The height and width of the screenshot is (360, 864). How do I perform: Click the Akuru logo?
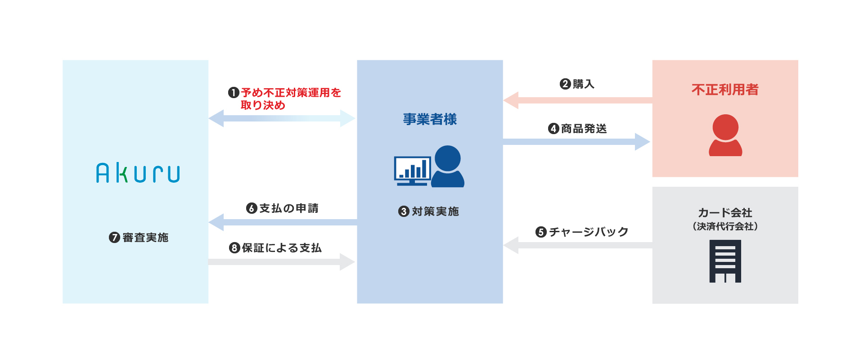tap(138, 173)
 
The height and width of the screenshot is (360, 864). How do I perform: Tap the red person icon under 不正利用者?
tap(725, 135)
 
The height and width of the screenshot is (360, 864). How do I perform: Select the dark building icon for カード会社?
tap(725, 261)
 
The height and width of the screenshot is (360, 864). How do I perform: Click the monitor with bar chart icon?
tap(412, 171)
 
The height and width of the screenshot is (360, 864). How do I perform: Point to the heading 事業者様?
tap(430, 119)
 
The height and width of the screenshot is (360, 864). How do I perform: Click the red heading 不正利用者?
tap(725, 90)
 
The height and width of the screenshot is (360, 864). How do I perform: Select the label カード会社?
tap(725, 212)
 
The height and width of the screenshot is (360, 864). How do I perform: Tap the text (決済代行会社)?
tap(725, 226)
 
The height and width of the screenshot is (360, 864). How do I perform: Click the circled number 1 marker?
tap(234, 93)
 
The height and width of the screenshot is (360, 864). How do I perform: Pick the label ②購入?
tap(577, 84)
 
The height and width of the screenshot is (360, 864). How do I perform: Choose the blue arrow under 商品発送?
tap(576, 142)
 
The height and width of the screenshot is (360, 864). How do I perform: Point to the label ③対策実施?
tap(429, 211)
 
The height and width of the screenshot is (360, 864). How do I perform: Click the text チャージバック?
tap(589, 232)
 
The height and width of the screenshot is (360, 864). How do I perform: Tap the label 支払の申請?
tap(288, 208)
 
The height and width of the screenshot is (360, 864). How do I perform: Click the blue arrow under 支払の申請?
tap(283, 222)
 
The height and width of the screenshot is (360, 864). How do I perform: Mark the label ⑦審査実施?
tap(139, 238)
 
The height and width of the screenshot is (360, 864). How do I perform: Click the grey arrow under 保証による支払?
tap(282, 262)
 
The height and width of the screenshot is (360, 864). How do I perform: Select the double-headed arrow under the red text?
tap(282, 118)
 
